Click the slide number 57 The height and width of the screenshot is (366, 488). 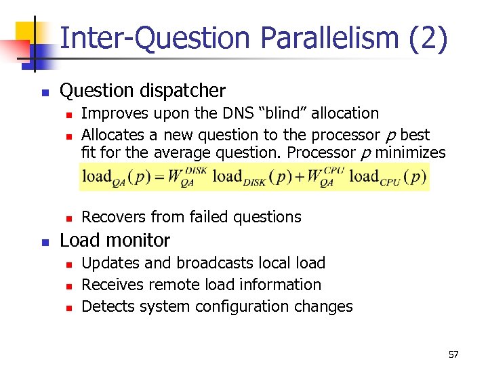pyautogui.click(x=453, y=354)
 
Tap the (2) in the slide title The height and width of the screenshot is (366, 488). pyautogui.click(x=429, y=39)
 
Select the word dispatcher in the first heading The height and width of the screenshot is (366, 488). pyautogui.click(x=182, y=90)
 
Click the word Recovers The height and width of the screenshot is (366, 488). pyautogui.click(x=111, y=217)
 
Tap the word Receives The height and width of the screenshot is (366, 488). pyautogui.click(x=109, y=285)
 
